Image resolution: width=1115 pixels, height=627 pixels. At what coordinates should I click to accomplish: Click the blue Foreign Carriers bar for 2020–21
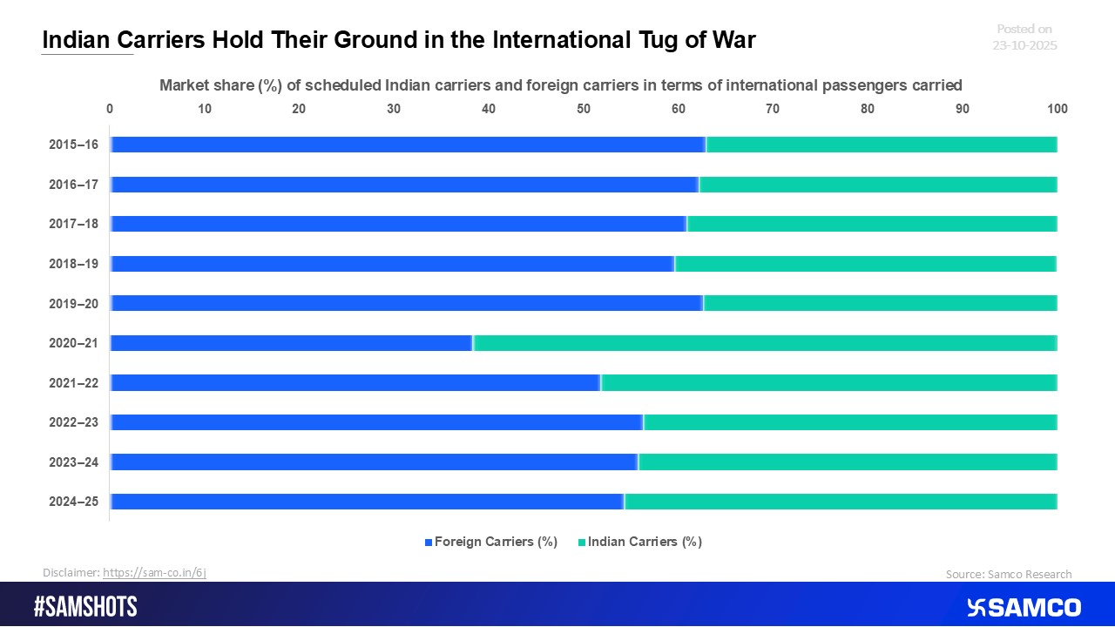pyautogui.click(x=292, y=343)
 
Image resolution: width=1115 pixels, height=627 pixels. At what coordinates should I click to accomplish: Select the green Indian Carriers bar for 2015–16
pyautogui.click(x=882, y=145)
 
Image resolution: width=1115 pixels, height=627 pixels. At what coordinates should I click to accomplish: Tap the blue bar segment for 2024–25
pyautogui.click(x=368, y=502)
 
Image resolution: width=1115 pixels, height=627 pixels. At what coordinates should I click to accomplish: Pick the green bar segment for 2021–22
pyautogui.click(x=828, y=382)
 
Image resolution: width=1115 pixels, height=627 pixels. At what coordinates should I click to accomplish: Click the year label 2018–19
pyautogui.click(x=73, y=264)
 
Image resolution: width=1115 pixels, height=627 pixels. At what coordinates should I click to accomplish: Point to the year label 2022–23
pyautogui.click(x=73, y=422)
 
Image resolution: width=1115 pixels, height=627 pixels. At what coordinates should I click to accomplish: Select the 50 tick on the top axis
pyautogui.click(x=584, y=109)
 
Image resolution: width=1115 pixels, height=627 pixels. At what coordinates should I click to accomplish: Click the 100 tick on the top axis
pyautogui.click(x=1057, y=109)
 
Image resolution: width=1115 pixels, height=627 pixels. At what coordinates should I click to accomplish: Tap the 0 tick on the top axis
pyautogui.click(x=110, y=109)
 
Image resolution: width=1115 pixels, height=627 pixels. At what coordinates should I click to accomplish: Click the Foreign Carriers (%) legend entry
pyautogui.click(x=490, y=542)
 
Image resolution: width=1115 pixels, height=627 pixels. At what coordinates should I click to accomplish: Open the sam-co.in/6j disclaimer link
pyautogui.click(x=154, y=572)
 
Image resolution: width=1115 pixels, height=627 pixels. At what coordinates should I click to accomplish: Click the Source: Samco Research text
pyautogui.click(x=1009, y=574)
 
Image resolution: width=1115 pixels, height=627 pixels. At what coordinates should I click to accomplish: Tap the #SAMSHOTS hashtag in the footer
pyautogui.click(x=85, y=607)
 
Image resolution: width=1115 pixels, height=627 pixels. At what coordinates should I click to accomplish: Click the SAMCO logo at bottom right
pyautogui.click(x=1024, y=607)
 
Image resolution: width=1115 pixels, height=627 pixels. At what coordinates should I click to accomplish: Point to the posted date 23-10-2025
pyautogui.click(x=1024, y=45)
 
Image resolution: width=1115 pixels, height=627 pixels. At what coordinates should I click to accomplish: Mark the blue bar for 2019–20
pyautogui.click(x=407, y=303)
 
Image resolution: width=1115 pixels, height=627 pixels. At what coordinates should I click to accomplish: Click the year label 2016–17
pyautogui.click(x=73, y=185)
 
